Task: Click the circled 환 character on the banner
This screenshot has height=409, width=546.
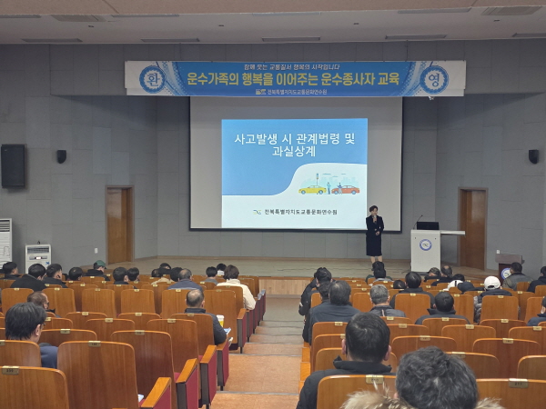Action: [x=152, y=79]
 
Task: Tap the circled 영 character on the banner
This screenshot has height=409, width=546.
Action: [x=434, y=79]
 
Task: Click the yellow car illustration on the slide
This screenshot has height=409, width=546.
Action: [x=312, y=189]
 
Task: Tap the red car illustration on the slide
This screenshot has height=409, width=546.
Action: [x=345, y=189]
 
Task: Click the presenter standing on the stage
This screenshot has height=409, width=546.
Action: [x=374, y=234]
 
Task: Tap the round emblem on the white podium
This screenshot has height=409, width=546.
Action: [x=425, y=245]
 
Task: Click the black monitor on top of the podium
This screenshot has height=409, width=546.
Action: [x=428, y=225]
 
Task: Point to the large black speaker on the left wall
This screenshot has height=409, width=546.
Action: [x=13, y=166]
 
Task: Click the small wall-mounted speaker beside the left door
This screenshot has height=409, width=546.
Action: [x=61, y=156]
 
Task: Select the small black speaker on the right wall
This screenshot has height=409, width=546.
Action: [x=533, y=156]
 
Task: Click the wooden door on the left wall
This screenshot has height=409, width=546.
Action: [x=119, y=224]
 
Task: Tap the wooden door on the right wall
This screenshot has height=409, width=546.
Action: [x=472, y=227]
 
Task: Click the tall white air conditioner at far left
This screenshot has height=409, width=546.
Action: [x=5, y=241]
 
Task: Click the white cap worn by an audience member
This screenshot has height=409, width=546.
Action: [x=491, y=283]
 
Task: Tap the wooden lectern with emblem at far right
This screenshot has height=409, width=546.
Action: [x=509, y=264]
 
